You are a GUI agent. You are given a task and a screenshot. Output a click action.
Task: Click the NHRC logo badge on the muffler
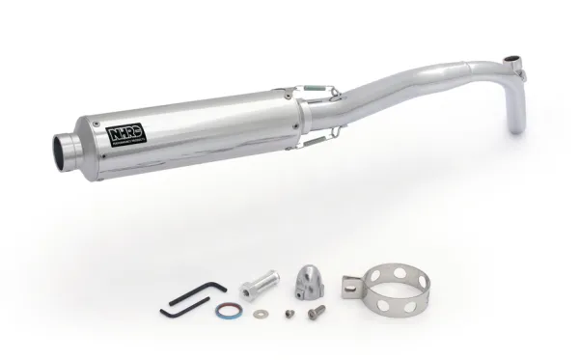(121, 132)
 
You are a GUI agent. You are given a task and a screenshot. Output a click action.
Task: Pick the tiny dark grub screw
(289, 315)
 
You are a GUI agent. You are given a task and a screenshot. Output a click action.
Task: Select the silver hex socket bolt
(316, 312)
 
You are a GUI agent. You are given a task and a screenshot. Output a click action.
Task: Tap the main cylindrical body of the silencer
(193, 130)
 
